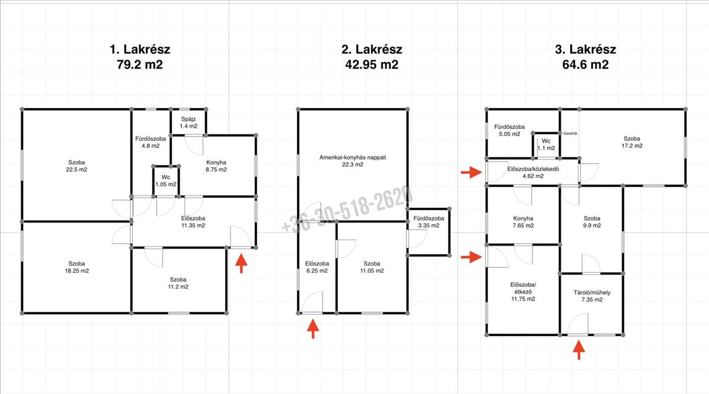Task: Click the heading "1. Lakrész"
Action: pyautogui.click(x=140, y=50)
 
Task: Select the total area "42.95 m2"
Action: pyautogui.click(x=372, y=64)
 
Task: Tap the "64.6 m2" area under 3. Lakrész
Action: pyautogui.click(x=586, y=64)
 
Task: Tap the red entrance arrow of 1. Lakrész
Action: pyautogui.click(x=242, y=263)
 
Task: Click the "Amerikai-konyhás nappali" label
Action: pyautogui.click(x=353, y=157)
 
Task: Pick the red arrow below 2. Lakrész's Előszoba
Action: pyautogui.click(x=313, y=329)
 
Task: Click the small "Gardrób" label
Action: pyautogui.click(x=570, y=134)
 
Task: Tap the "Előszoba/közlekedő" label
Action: pyautogui.click(x=533, y=169)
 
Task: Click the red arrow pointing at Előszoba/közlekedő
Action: pyautogui.click(x=471, y=172)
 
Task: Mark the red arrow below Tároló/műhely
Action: pyautogui.click(x=579, y=350)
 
